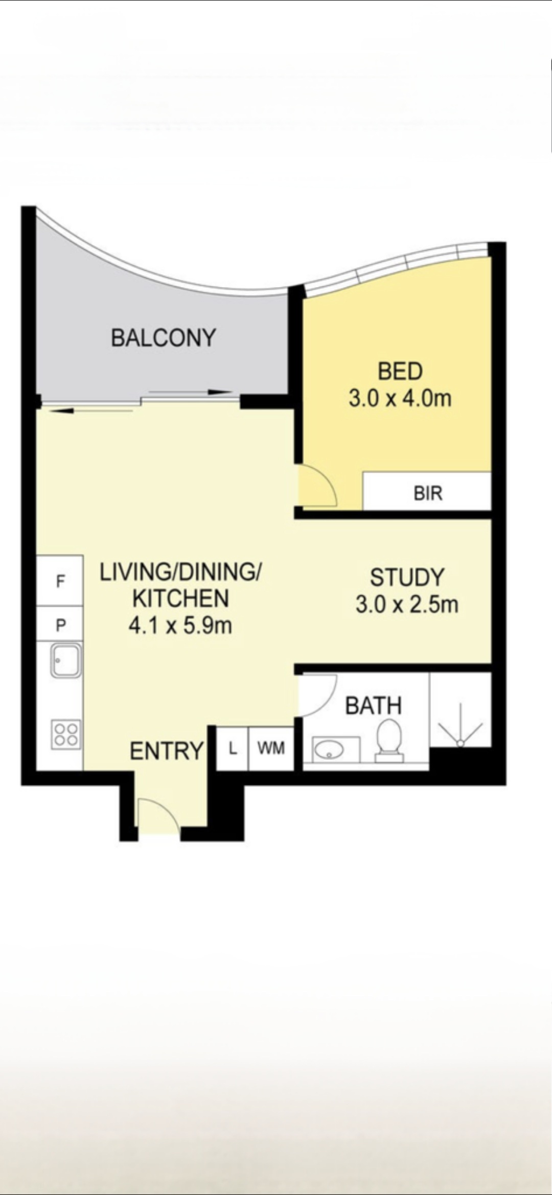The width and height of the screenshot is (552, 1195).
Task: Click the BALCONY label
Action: click(164, 338)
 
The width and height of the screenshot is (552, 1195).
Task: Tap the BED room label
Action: click(400, 371)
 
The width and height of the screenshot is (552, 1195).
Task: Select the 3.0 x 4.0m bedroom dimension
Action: click(400, 398)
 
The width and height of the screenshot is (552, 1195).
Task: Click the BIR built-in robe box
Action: click(427, 491)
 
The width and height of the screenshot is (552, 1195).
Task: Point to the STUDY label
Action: click(407, 578)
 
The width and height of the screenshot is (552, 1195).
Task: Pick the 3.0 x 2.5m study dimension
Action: click(407, 605)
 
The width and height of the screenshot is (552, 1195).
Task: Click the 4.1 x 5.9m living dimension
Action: click(180, 626)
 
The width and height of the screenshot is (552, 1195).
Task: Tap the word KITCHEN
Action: click(180, 599)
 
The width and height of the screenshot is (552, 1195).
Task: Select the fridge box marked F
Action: click(60, 581)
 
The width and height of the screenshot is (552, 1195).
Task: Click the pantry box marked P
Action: click(60, 624)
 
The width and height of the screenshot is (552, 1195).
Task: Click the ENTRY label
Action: click(167, 751)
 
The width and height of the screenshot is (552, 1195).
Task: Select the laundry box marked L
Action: click(233, 749)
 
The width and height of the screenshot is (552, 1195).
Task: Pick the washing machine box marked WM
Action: click(271, 749)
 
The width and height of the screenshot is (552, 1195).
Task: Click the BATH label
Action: click(374, 706)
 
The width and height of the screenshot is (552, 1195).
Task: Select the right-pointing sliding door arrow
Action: click(191, 392)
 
